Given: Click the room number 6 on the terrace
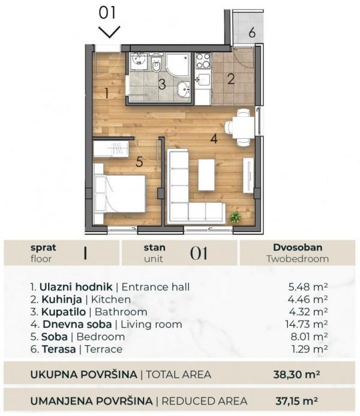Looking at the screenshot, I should (x=252, y=32).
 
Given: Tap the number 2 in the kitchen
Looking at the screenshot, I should (x=231, y=77).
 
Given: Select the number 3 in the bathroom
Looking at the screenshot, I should (x=161, y=83).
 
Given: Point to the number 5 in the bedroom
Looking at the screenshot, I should (x=139, y=161).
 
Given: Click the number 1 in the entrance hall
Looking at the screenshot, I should (x=106, y=93).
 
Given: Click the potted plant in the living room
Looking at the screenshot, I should (x=235, y=217).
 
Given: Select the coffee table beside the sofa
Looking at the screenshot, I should (x=206, y=175).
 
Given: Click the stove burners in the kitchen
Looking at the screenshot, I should (x=203, y=61).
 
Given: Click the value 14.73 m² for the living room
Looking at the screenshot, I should (x=307, y=324).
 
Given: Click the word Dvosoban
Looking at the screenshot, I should (x=298, y=247).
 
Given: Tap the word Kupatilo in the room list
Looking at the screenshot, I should (x=61, y=312).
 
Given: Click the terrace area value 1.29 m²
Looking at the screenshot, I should (x=309, y=349).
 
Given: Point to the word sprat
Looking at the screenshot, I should (x=42, y=247).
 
